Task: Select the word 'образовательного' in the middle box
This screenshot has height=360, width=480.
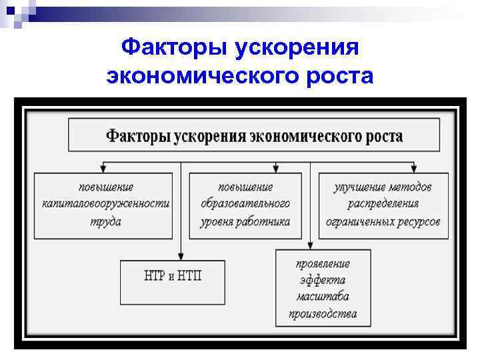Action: click(x=245, y=203)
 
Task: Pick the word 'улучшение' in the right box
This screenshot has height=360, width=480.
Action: click(x=361, y=187)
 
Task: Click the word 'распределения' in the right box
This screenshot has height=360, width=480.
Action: click(x=383, y=203)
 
